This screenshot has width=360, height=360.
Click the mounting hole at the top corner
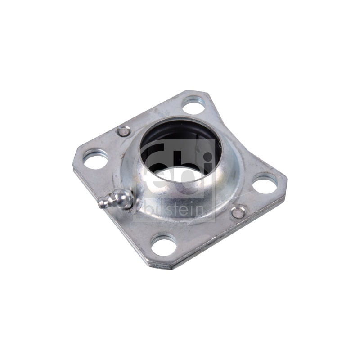[193, 106]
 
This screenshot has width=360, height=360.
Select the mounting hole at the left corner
[95, 159]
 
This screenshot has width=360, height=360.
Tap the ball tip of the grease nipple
[101, 204]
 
